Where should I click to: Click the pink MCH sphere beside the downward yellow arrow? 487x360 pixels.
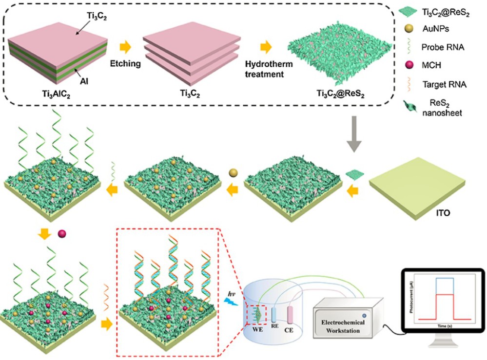[61, 234]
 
